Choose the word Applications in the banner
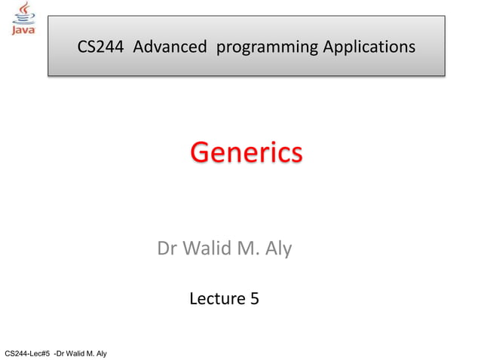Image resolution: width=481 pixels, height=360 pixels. tap(369, 47)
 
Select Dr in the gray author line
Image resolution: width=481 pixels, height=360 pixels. tap(167, 248)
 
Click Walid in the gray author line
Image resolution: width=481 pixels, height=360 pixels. tap(204, 248)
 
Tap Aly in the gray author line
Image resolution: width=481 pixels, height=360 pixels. tap(278, 249)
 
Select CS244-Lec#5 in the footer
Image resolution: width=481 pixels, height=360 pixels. tap(26, 353)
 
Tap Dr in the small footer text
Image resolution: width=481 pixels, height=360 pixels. tap(61, 353)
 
